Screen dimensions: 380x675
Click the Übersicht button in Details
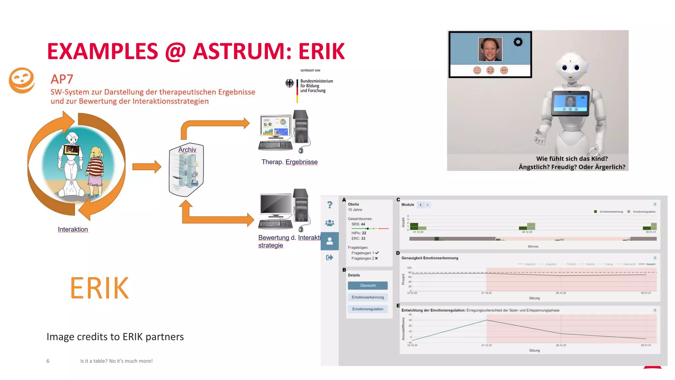point(367,285)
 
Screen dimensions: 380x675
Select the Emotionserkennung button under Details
point(367,297)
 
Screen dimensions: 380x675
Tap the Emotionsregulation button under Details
point(367,309)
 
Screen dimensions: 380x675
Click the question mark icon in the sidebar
point(330,205)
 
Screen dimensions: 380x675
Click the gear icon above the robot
point(518,42)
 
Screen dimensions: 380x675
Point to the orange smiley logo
point(22,80)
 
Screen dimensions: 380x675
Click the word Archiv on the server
point(187,150)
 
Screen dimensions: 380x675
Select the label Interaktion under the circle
point(73,229)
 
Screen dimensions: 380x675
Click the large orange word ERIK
point(99,288)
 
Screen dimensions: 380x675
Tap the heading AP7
point(62,79)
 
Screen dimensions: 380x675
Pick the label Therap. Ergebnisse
point(289,162)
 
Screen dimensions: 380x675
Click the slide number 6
point(48,361)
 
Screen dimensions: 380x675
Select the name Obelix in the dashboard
point(353,204)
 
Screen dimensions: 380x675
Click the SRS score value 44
point(363,224)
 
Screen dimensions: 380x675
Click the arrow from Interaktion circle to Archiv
point(147,167)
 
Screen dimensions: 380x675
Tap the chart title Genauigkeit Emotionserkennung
point(429,258)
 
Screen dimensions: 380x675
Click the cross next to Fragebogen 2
point(376,258)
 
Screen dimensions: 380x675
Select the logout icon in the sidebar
point(330,257)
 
